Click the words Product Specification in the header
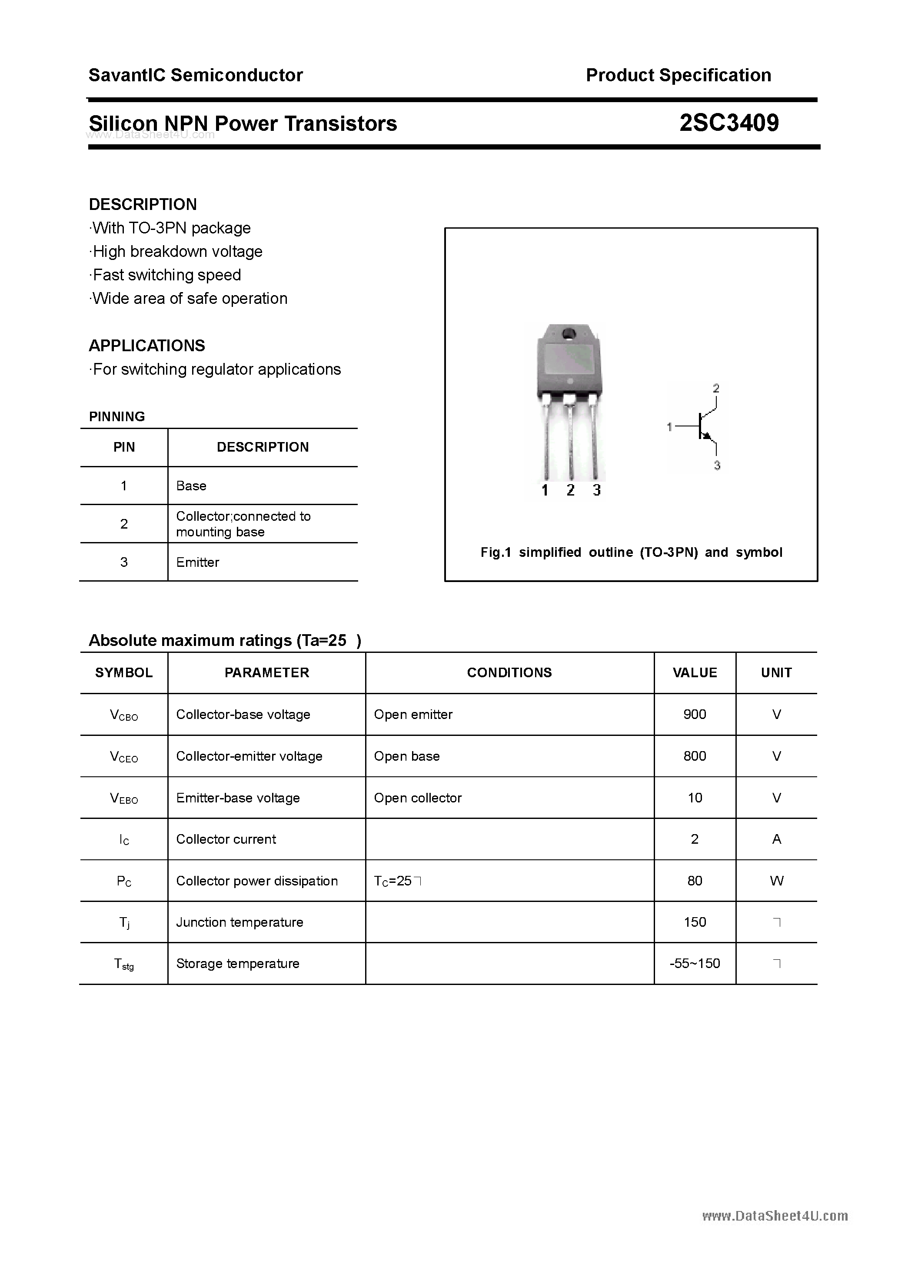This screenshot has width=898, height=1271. [x=678, y=75]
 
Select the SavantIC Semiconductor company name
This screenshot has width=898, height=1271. [x=196, y=75]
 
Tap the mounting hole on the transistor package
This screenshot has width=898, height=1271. [x=569, y=334]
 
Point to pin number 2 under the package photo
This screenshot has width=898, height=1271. [x=570, y=490]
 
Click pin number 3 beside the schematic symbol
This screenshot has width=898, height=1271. [x=717, y=465]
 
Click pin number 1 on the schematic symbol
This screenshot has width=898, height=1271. [x=669, y=426]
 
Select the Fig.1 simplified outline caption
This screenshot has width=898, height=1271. [x=631, y=552]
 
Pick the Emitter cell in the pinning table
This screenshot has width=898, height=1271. [x=198, y=562]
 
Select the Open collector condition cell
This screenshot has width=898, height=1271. [x=417, y=798]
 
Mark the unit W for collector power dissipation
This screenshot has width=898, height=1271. [x=776, y=881]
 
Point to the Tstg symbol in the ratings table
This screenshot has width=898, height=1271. [x=124, y=964]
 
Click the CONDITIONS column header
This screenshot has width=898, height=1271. [x=509, y=672]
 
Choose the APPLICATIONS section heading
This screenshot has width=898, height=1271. [x=147, y=346]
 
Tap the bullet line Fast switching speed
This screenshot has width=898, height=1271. [x=166, y=275]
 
